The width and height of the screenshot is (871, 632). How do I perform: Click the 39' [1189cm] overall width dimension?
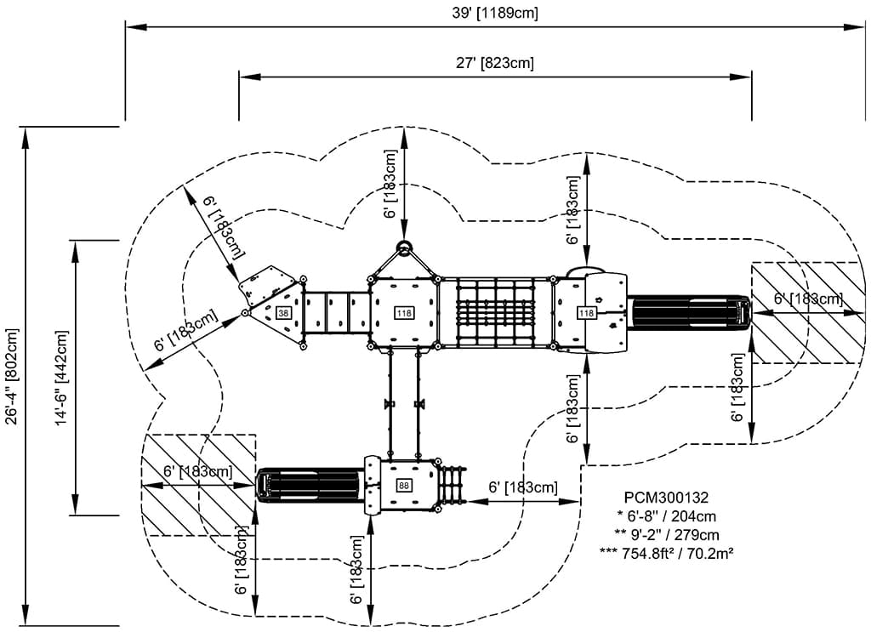pyautogui.click(x=495, y=14)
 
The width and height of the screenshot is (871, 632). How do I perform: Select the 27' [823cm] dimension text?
pyautogui.click(x=495, y=63)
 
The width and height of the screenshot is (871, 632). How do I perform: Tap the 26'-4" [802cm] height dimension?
pyautogui.click(x=12, y=376)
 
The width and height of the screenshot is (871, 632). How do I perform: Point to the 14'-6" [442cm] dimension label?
pyautogui.click(x=61, y=379)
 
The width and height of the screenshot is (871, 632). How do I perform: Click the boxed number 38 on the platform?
pyautogui.click(x=283, y=313)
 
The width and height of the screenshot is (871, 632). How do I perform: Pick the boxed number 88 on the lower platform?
pyautogui.click(x=404, y=486)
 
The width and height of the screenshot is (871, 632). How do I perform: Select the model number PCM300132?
pyautogui.click(x=666, y=497)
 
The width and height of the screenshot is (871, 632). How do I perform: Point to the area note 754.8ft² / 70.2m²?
pyautogui.click(x=666, y=553)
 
